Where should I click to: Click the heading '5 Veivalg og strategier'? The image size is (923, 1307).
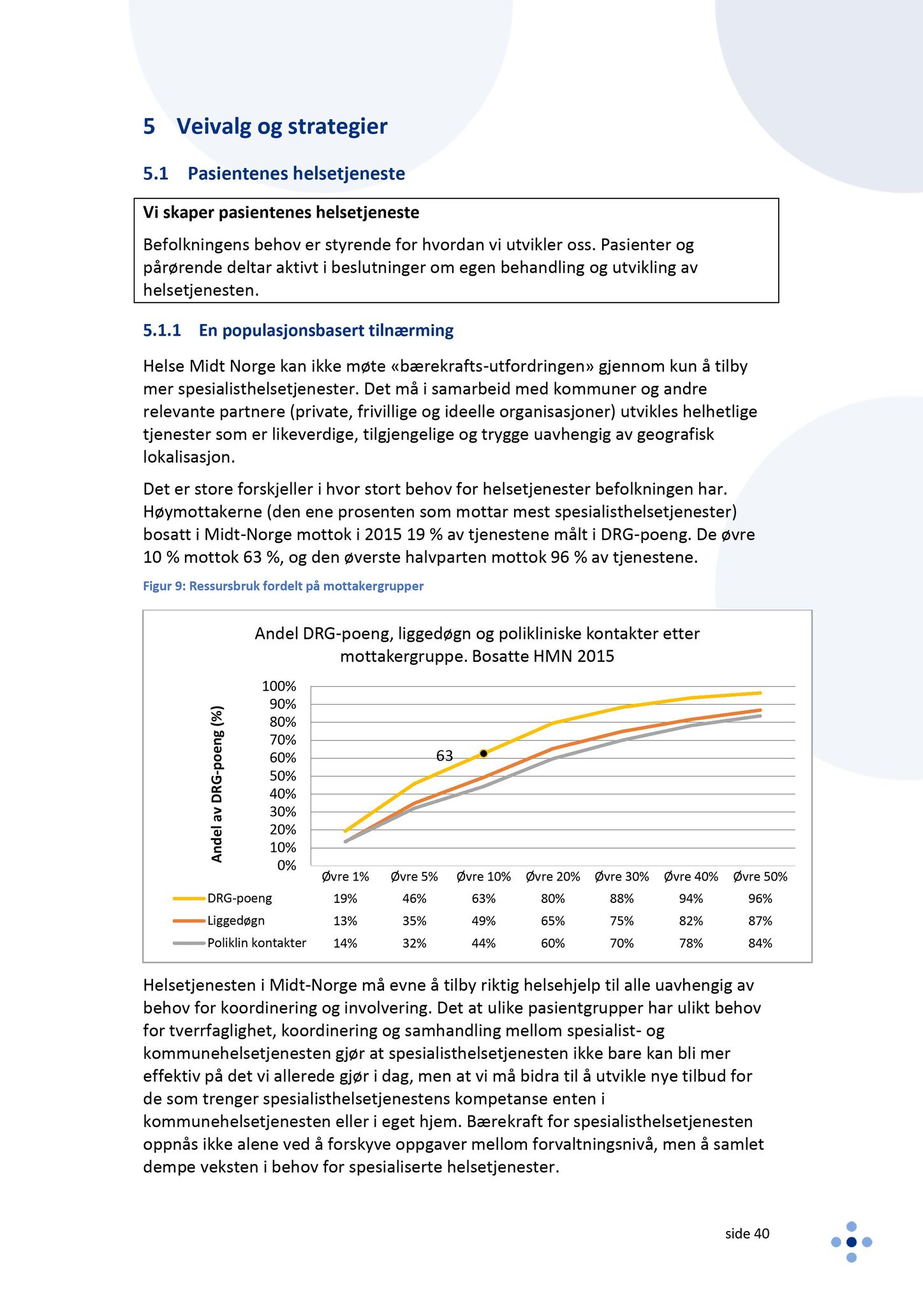[x=265, y=126]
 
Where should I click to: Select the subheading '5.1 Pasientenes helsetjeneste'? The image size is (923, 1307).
[x=274, y=174]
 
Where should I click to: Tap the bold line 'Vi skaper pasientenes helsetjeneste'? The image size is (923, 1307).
[x=281, y=213]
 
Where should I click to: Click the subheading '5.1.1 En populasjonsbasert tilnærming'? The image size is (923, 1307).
[x=298, y=331]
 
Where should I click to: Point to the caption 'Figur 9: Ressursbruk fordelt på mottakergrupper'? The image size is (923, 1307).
[x=283, y=586]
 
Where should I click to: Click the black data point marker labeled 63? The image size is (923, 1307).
[x=484, y=753]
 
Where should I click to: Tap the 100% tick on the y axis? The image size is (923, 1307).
[x=279, y=686]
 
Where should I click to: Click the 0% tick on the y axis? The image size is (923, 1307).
[x=286, y=865]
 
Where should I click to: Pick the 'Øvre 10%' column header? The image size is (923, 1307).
[x=484, y=877]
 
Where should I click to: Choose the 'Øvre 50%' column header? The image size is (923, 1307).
[x=760, y=877]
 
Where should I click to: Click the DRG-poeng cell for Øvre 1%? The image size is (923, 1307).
[x=345, y=899]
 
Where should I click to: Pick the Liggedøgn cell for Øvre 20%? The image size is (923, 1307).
[x=552, y=921]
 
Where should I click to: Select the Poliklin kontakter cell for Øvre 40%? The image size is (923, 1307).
[x=691, y=943]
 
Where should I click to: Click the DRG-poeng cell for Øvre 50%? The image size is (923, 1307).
[x=760, y=899]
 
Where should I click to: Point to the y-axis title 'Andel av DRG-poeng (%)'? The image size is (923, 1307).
[x=218, y=784]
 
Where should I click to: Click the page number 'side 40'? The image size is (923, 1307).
[x=747, y=1234]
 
